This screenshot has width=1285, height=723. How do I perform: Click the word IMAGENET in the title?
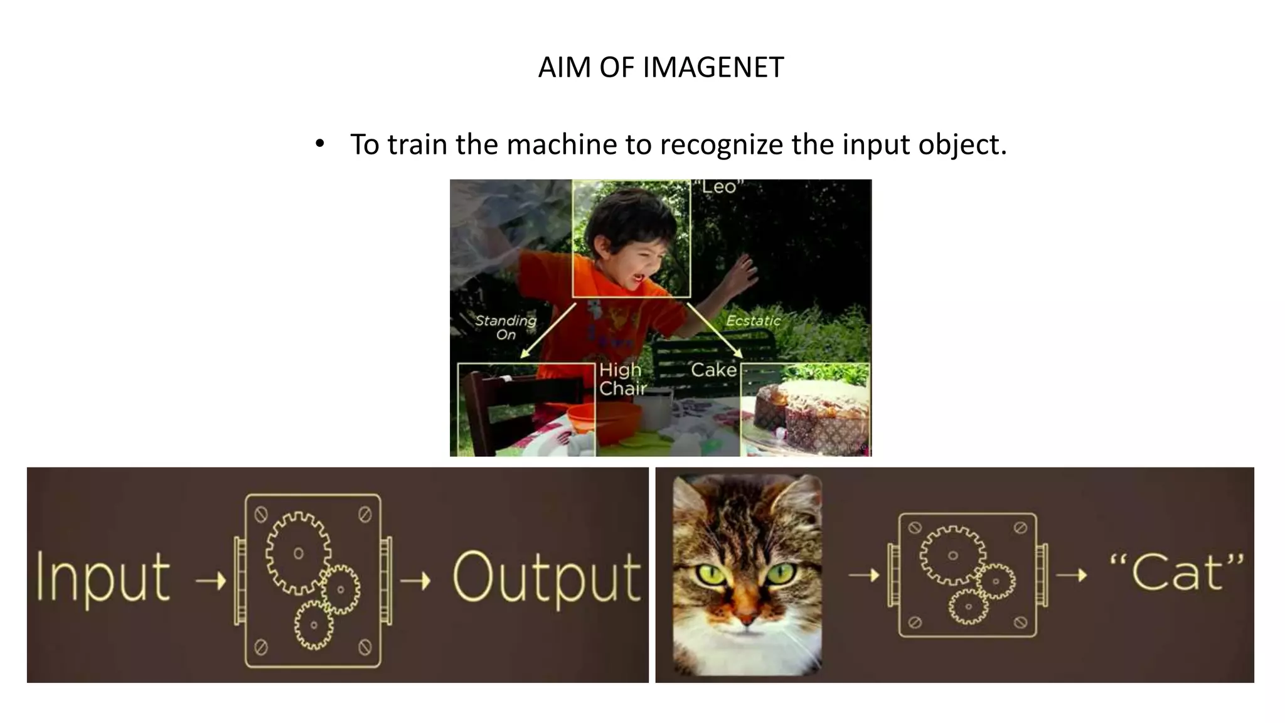713,68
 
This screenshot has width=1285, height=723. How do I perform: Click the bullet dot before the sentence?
320,144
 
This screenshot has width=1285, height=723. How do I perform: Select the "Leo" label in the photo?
718,187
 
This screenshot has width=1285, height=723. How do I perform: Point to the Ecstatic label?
753,321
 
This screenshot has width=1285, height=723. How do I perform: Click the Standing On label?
506,327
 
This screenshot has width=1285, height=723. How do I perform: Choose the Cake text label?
713,370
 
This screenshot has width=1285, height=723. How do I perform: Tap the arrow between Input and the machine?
211,581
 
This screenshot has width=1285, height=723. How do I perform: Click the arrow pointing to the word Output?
415,581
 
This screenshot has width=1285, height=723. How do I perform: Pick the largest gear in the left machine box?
298,553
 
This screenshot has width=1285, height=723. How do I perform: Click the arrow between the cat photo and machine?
864,574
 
